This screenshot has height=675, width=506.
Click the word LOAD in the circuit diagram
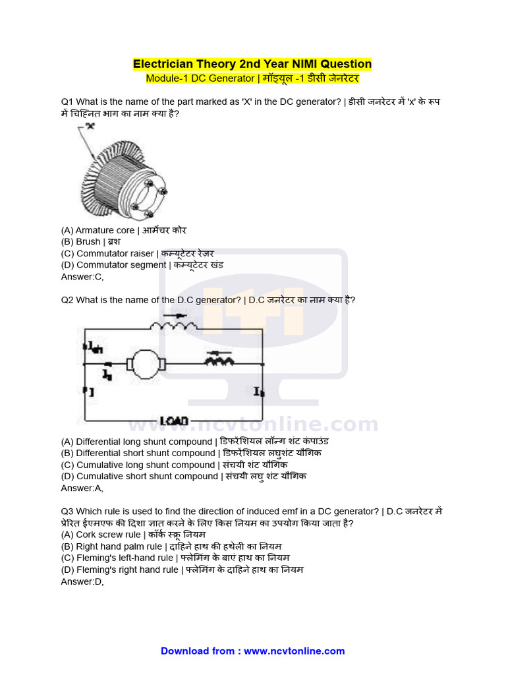(174, 421)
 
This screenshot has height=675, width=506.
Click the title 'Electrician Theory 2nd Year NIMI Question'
(252, 64)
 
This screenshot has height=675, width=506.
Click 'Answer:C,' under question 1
(82, 277)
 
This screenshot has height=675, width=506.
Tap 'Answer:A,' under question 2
(82, 488)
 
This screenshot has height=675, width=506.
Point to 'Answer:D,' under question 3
(82, 581)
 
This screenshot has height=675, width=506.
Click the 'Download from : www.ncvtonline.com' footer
(252, 651)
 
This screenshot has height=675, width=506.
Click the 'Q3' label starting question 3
(68, 512)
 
